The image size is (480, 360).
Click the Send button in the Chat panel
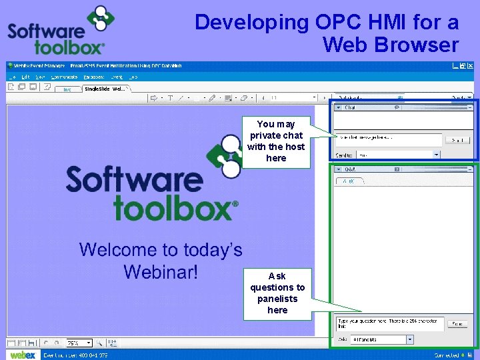[x=457, y=140]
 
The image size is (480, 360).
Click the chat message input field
[x=388, y=139]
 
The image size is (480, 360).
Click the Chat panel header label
[x=350, y=107]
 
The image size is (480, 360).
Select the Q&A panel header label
[x=350, y=169]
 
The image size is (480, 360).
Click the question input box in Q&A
[x=388, y=323]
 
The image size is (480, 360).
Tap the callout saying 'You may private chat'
[x=276, y=141]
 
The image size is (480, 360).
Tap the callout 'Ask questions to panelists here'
[x=277, y=293]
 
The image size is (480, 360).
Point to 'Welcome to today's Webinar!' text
[x=161, y=261]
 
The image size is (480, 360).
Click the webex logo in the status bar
[x=23, y=355]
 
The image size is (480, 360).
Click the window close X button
[x=471, y=66]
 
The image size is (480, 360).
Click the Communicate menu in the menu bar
[x=64, y=77]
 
